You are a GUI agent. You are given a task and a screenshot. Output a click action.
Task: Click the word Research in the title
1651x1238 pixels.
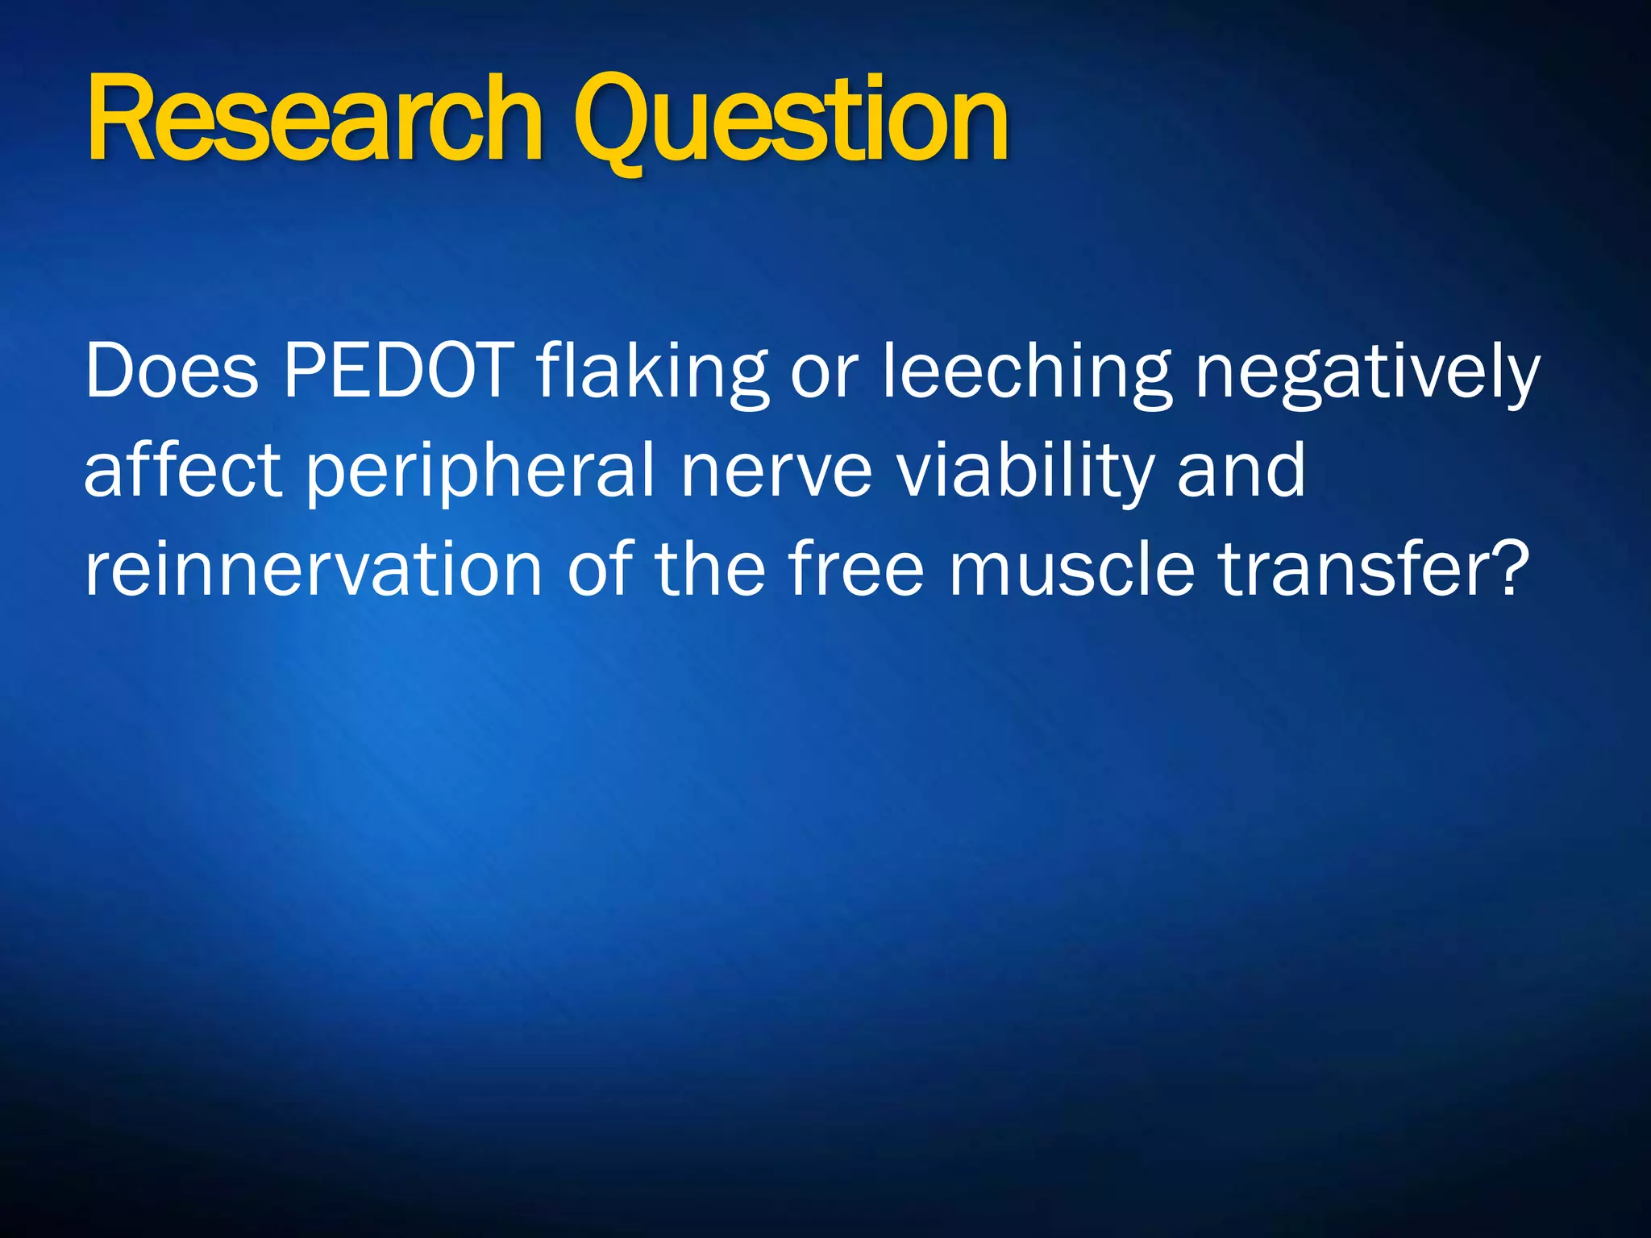(314, 119)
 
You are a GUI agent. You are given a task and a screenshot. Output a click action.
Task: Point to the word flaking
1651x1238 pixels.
(651, 372)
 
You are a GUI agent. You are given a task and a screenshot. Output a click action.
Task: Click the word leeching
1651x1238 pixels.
(1025, 372)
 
